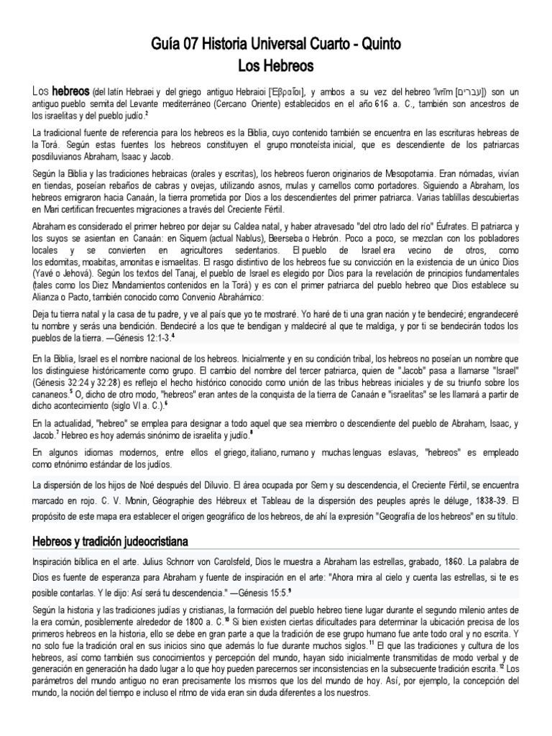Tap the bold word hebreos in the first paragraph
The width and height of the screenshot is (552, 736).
click(70, 93)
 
